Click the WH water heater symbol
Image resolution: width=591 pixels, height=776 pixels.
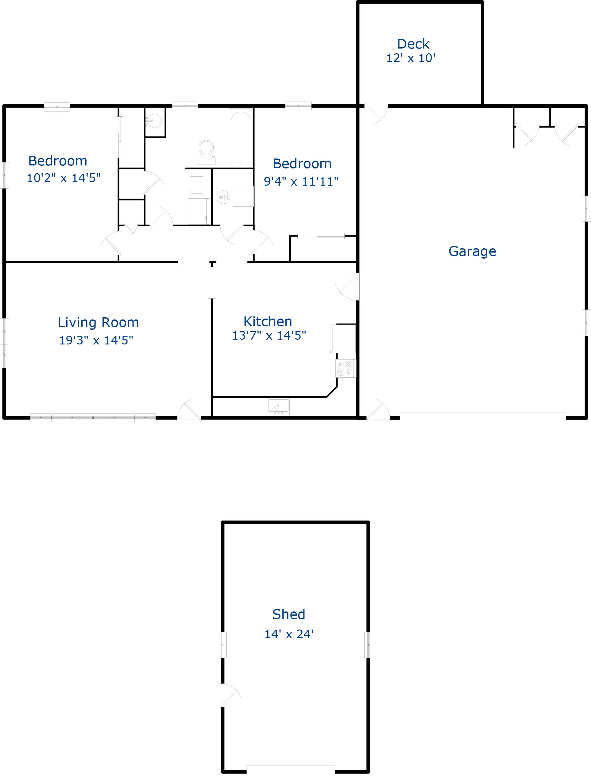(x=223, y=197)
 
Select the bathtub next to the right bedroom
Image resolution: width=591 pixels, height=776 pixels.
(x=240, y=137)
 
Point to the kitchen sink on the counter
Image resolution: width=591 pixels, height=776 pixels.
(x=278, y=407)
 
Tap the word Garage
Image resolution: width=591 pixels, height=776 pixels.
(x=472, y=251)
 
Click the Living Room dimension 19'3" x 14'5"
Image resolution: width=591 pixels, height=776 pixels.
(x=96, y=340)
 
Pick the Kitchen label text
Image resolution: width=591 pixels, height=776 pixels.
(x=268, y=321)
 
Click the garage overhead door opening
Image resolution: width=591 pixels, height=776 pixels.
(x=482, y=418)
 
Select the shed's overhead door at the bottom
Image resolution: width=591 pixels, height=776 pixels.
(x=291, y=770)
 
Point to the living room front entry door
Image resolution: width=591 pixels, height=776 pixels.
(x=189, y=410)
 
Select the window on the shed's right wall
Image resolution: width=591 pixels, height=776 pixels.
(x=368, y=645)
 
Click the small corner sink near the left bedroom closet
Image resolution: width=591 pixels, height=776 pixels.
(x=154, y=121)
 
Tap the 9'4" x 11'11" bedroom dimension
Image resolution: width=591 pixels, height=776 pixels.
(x=301, y=181)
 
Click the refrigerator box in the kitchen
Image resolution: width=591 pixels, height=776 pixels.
(x=343, y=338)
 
